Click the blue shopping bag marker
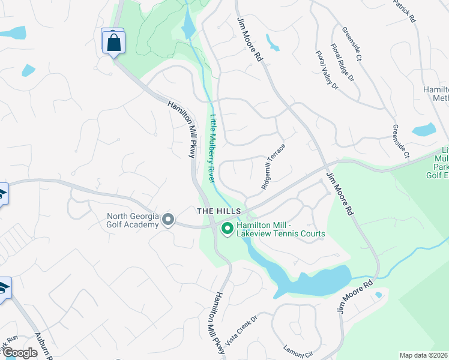pos(113,42)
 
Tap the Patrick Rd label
pos(405,10)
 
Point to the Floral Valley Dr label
pos(327,70)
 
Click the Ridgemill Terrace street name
pos(273,167)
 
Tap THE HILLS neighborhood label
pos(220,211)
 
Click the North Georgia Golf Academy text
pos(133,220)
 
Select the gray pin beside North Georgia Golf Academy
pos(168,220)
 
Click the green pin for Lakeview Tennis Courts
pos(228,229)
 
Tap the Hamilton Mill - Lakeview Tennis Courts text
pos(280,229)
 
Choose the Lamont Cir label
pos(298,346)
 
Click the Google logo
pos(20,353)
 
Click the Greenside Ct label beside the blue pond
pos(400,142)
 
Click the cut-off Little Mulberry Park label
pos(437,162)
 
